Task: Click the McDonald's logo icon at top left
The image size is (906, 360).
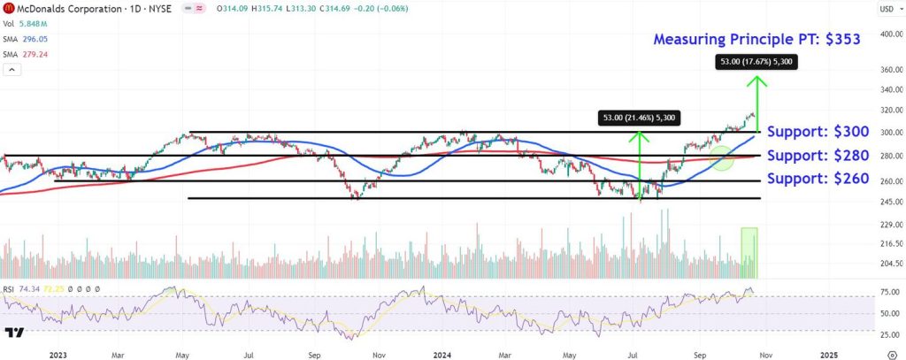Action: [10, 9]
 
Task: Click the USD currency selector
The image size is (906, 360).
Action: [886, 9]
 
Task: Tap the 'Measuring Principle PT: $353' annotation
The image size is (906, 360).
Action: [756, 40]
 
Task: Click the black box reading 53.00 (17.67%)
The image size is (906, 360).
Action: [756, 62]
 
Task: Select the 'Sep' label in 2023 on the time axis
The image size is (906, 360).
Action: [315, 354]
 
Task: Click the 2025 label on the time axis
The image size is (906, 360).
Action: [828, 354]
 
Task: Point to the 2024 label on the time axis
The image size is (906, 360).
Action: [441, 354]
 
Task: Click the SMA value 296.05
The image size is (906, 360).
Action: [35, 39]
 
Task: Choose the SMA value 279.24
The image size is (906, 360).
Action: [35, 53]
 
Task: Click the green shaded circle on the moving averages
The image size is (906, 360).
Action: [723, 158]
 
